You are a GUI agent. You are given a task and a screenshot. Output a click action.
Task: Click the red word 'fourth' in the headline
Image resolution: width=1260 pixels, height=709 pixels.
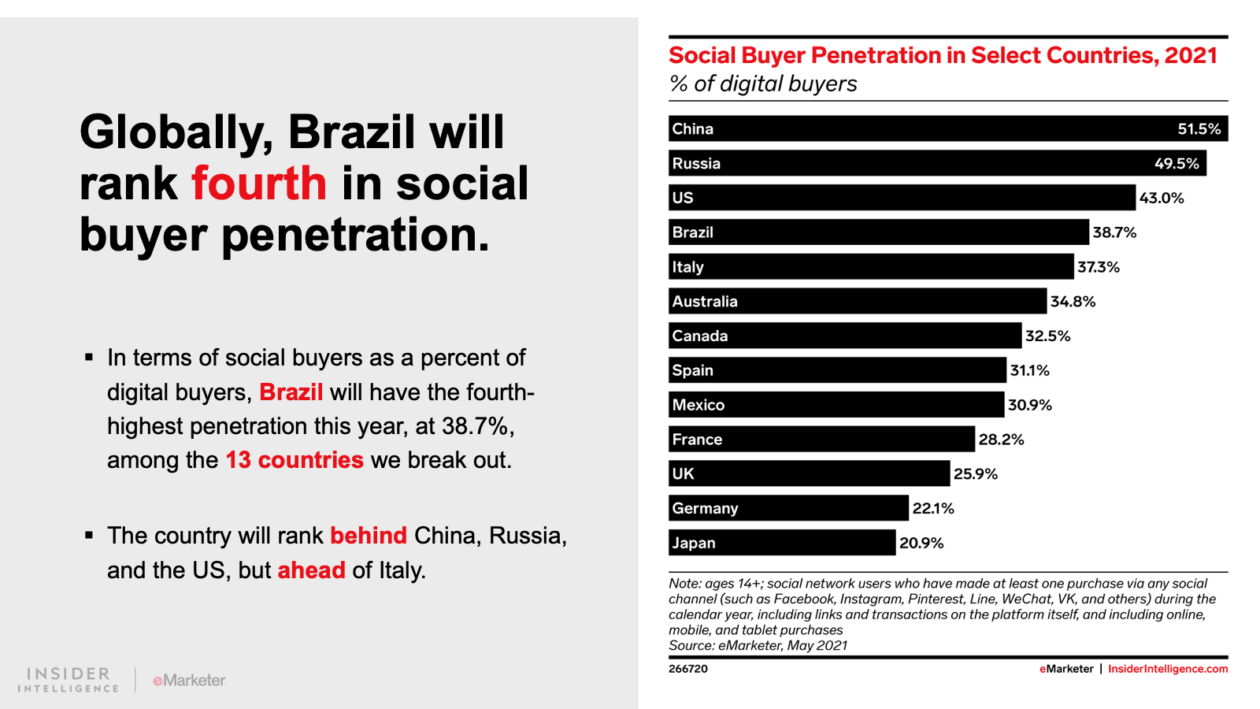pyautogui.click(x=258, y=184)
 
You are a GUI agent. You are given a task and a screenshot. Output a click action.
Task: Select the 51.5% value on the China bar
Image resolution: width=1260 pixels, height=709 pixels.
pyautogui.click(x=1199, y=129)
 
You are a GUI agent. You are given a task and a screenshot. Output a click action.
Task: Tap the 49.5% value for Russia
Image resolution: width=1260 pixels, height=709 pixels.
pyautogui.click(x=1177, y=164)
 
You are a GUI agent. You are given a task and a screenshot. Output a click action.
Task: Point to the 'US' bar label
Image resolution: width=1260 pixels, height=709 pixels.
pyautogui.click(x=683, y=198)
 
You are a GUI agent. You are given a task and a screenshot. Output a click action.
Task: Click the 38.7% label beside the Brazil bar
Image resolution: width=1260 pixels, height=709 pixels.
pyautogui.click(x=1114, y=232)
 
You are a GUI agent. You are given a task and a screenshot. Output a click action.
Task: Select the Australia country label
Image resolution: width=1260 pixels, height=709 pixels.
pyautogui.click(x=705, y=302)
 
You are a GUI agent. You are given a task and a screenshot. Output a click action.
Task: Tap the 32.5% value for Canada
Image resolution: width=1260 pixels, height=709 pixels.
pyautogui.click(x=1047, y=336)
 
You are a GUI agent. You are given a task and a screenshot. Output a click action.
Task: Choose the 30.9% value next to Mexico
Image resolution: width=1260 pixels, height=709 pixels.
pyautogui.click(x=1030, y=405)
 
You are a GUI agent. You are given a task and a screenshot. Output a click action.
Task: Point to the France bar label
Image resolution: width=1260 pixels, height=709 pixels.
pyautogui.click(x=697, y=440)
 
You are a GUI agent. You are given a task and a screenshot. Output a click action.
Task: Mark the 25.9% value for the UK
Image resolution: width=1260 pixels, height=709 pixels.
pyautogui.click(x=976, y=474)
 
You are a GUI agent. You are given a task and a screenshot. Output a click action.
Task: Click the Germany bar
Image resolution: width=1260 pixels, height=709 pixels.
pyautogui.click(x=788, y=508)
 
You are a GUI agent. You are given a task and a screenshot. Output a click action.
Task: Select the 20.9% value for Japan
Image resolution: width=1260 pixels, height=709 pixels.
pyautogui.click(x=921, y=543)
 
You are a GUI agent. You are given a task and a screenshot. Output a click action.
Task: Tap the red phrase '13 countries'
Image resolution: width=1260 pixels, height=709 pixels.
pyautogui.click(x=295, y=460)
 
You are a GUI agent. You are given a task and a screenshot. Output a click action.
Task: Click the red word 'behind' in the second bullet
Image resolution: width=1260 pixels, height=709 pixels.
pyautogui.click(x=368, y=536)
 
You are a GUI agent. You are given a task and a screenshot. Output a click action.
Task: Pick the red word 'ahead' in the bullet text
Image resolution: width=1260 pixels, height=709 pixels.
pyautogui.click(x=311, y=570)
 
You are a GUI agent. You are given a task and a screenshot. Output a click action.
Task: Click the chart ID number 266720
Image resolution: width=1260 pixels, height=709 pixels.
pyautogui.click(x=688, y=669)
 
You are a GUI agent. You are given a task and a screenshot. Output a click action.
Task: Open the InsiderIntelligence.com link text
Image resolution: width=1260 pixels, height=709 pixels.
pyautogui.click(x=1167, y=669)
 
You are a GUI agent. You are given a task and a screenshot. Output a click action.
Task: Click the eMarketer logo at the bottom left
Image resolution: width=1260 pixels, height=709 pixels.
pyautogui.click(x=189, y=680)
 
